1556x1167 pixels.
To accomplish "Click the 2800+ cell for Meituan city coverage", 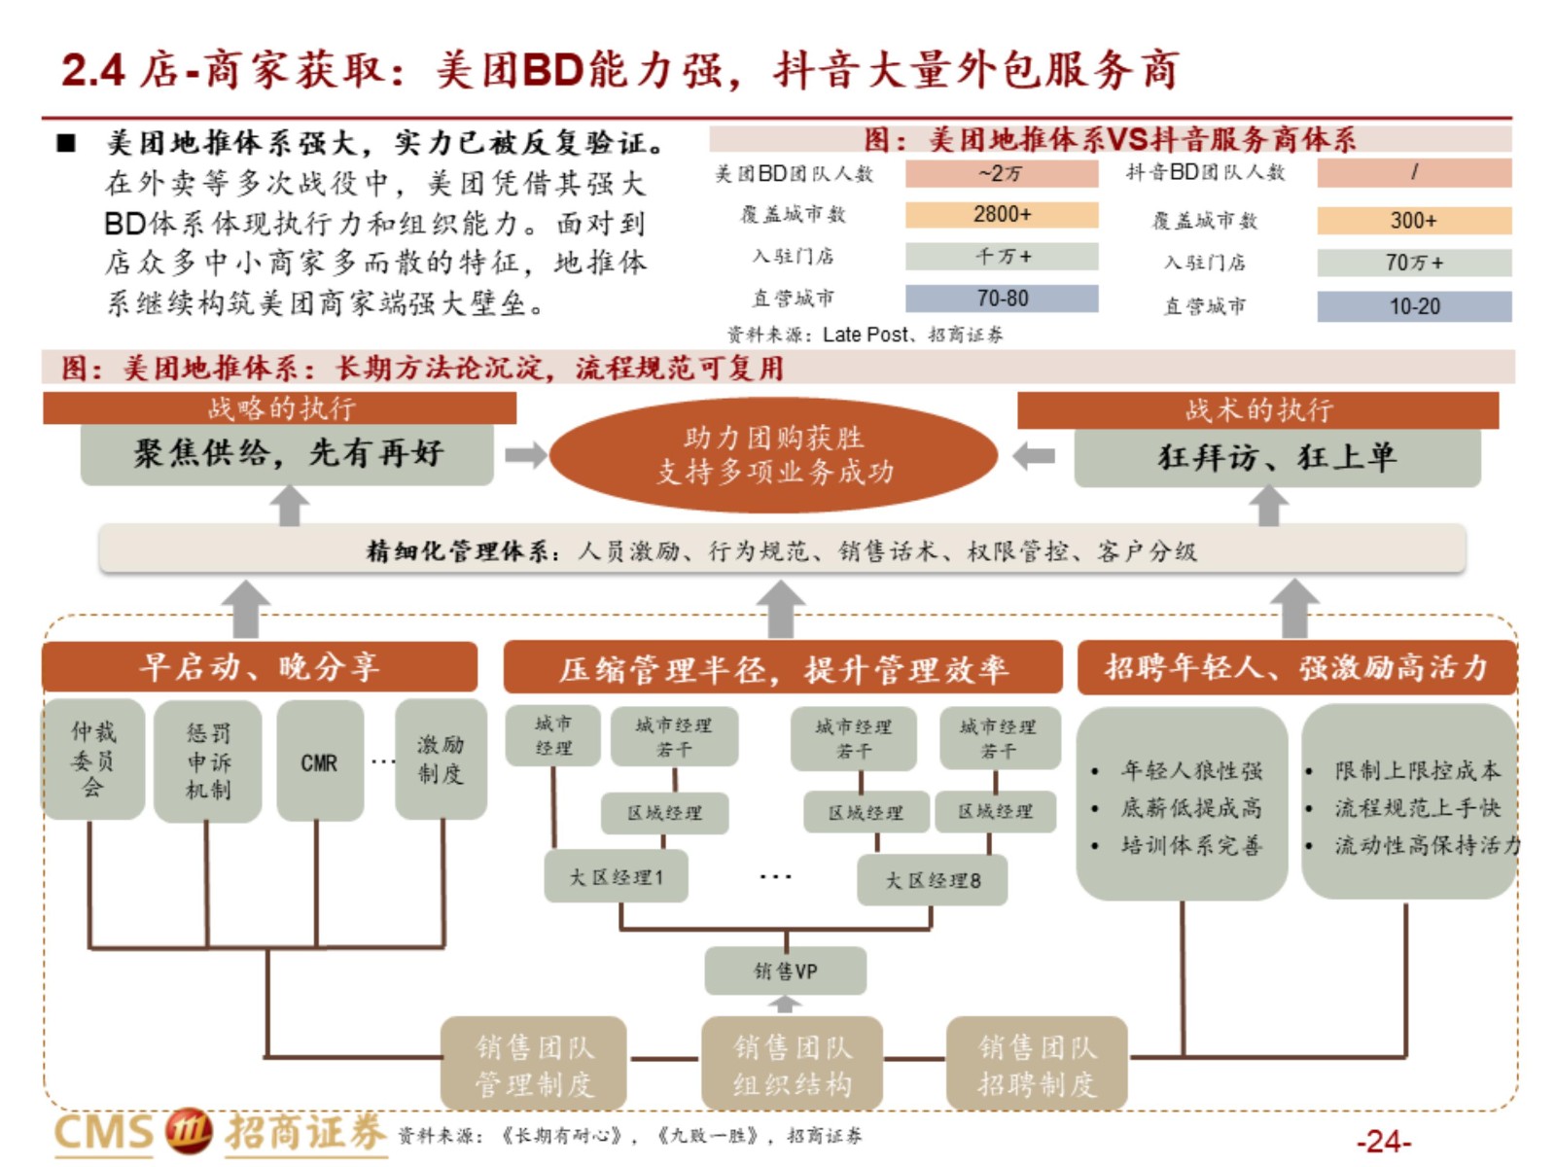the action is click(1001, 215).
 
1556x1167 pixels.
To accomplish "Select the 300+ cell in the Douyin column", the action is click(1413, 221).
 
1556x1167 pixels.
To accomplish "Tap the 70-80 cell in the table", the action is click(1001, 299).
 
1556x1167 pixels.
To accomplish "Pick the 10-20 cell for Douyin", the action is click(1413, 306).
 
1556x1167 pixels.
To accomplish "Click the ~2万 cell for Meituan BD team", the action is click(1001, 174).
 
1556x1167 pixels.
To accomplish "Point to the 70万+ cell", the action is click(1413, 263).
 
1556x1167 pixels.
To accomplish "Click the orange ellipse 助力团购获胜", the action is click(773, 455).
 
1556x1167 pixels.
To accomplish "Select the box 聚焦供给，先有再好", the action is click(287, 454).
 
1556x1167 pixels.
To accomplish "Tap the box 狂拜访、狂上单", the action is click(1278, 457).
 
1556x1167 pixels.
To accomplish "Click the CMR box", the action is click(320, 760).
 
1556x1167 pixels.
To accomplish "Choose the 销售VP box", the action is click(786, 971).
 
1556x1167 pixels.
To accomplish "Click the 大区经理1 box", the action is click(616, 876).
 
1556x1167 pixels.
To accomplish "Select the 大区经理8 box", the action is click(933, 880).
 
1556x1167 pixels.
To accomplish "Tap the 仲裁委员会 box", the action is click(93, 760).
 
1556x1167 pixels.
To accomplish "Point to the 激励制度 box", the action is click(441, 760).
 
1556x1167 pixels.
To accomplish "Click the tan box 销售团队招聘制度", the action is click(1037, 1063).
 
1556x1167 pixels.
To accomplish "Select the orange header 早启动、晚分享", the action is click(260, 667).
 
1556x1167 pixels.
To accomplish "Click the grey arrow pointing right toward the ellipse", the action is click(525, 455).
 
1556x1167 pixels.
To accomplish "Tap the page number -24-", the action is click(1384, 1142).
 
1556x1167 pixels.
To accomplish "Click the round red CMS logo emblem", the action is click(189, 1130).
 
